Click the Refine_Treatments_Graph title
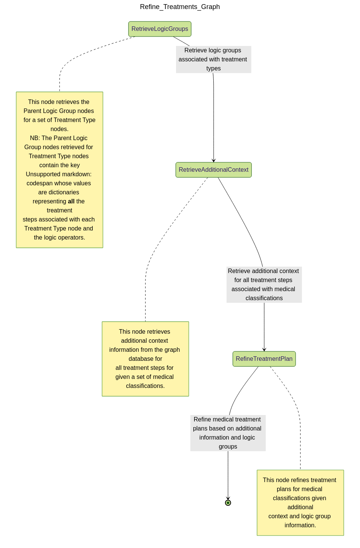(180, 7)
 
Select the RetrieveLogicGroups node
(159, 29)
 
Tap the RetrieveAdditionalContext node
(213, 170)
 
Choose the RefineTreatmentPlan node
(264, 359)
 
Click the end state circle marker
(228, 503)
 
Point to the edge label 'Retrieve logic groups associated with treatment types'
(213, 60)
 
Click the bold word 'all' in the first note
(71, 201)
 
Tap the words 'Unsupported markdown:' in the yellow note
(59, 174)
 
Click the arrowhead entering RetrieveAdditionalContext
(214, 160)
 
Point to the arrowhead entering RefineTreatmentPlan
(264, 350)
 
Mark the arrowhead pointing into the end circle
(228, 498)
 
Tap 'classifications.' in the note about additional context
(145, 386)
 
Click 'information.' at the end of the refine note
(300, 525)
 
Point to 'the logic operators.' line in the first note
(59, 238)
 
